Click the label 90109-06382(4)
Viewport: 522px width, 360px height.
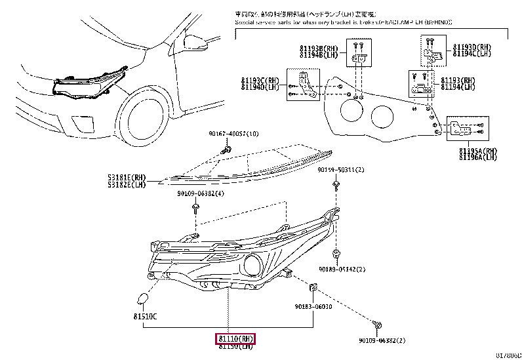(x=200, y=194)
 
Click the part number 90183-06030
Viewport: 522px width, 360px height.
(x=313, y=306)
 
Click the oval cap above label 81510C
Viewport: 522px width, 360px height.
(x=142, y=300)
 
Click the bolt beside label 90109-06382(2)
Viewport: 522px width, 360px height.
(x=377, y=325)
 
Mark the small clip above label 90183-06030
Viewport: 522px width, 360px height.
(x=313, y=287)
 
